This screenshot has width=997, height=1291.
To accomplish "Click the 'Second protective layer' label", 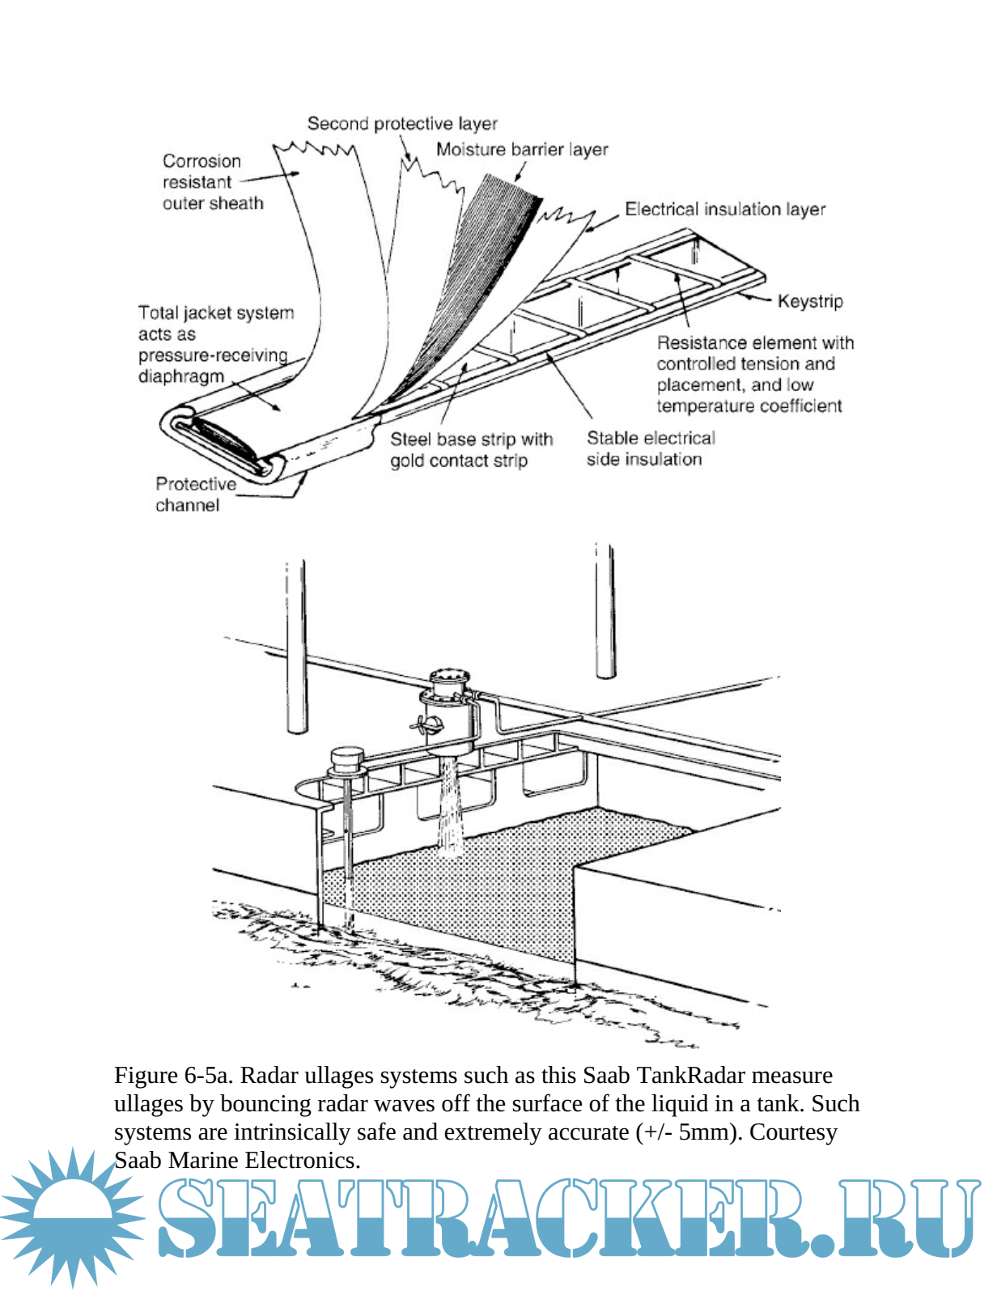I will pos(401,124).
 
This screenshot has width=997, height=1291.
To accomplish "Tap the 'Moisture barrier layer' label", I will pos(522,150).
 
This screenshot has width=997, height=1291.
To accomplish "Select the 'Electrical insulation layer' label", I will pos(724,210).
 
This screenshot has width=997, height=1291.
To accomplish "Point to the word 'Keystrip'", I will pos(809,302).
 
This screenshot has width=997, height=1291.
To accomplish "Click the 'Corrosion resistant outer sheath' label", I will pos(212,182).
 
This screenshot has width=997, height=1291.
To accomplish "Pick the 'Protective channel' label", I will pos(195,495).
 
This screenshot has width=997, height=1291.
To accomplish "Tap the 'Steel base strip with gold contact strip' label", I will pos(471,450).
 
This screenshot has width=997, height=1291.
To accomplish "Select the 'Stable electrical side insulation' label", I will pos(650,448).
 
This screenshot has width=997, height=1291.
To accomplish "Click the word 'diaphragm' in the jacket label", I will pos(180,376).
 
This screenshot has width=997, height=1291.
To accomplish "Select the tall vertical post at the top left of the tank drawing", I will pos(296,648).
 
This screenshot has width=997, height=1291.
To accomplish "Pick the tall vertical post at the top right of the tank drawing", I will pos(605,611).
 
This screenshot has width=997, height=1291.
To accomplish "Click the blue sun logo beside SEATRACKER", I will pos(73,1214).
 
